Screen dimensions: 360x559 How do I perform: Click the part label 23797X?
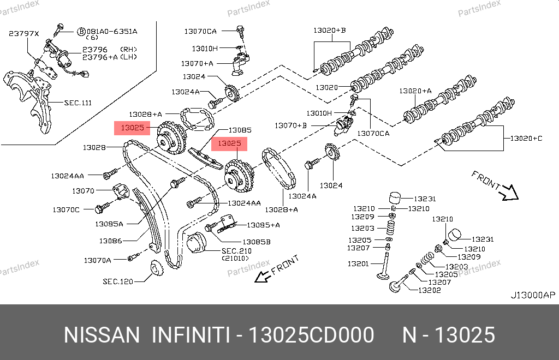pos(24,33)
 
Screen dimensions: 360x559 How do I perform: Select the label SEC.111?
pos(78,103)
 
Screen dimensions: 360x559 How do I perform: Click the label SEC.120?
pos(118,282)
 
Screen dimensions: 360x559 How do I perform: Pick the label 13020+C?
pos(526,139)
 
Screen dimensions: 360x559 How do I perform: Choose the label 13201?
pos(358,263)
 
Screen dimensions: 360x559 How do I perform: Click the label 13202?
pos(429,290)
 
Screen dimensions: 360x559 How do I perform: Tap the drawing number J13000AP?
pos(532,295)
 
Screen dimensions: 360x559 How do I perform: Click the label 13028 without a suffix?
pos(94,147)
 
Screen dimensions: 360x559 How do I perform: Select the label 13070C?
pos(66,209)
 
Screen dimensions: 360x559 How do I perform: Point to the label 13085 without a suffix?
pos(240,130)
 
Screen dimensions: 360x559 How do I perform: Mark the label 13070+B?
pos(290,125)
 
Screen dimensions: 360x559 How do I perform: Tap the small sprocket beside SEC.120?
pos(157,270)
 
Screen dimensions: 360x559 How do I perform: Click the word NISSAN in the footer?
pos(102,335)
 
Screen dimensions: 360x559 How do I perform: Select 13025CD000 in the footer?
pos(311,335)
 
